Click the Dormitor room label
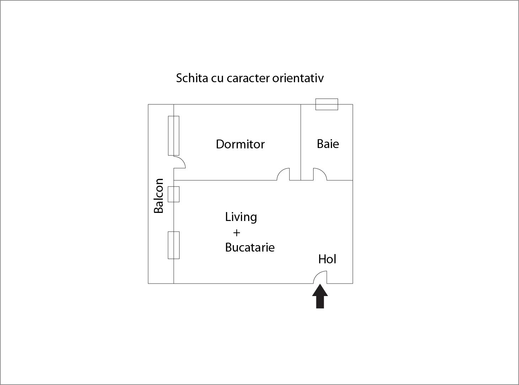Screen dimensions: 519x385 click(x=240, y=144)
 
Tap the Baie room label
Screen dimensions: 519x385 click(x=328, y=144)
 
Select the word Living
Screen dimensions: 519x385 click(x=241, y=217)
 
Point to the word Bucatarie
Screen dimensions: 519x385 click(x=250, y=247)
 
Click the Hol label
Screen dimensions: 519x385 click(x=327, y=259)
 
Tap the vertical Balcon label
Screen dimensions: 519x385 click(x=159, y=196)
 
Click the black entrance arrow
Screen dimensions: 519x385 click(x=320, y=296)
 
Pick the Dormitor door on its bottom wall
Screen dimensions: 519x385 click(x=280, y=171)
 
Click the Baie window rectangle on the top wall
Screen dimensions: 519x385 click(x=327, y=104)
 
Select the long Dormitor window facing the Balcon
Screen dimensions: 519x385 click(x=173, y=136)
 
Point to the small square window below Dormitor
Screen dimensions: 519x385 click(x=173, y=194)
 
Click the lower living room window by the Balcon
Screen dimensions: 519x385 click(x=173, y=246)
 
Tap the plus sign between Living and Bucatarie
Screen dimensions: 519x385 click(x=236, y=233)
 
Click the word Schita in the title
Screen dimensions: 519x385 click(x=192, y=78)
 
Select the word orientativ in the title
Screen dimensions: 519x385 click(x=298, y=78)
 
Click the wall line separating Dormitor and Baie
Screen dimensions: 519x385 click(x=301, y=142)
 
